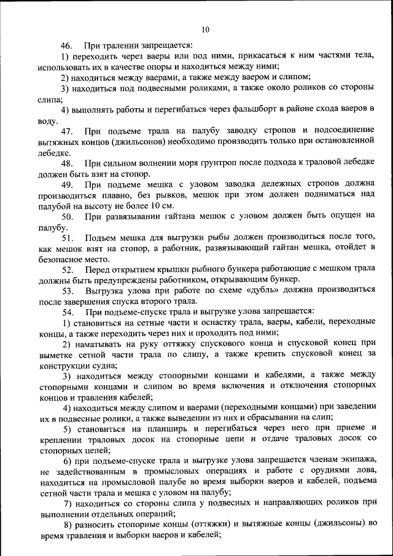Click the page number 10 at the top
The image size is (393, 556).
pos(205,29)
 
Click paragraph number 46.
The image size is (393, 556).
pos(66,45)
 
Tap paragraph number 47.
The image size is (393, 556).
pos(66,131)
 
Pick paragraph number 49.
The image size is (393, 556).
pos(66,185)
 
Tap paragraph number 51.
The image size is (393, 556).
pos(66,238)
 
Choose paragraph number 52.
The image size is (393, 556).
pos(66,270)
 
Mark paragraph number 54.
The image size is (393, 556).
pos(66,313)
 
